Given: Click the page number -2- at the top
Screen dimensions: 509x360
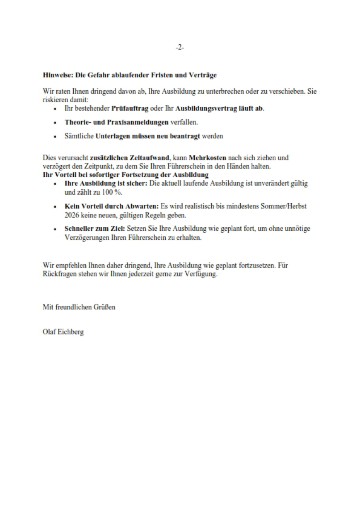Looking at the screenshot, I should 180,48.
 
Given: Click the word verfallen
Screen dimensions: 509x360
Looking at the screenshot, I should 184,122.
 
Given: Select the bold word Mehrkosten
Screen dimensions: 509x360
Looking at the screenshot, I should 208,158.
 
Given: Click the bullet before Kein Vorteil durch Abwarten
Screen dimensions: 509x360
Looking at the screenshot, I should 54,207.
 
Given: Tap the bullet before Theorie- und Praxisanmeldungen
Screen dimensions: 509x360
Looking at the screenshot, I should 54,122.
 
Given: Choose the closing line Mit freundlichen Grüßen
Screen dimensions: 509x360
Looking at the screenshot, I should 79,307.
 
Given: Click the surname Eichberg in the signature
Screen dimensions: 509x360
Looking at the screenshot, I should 69,333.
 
